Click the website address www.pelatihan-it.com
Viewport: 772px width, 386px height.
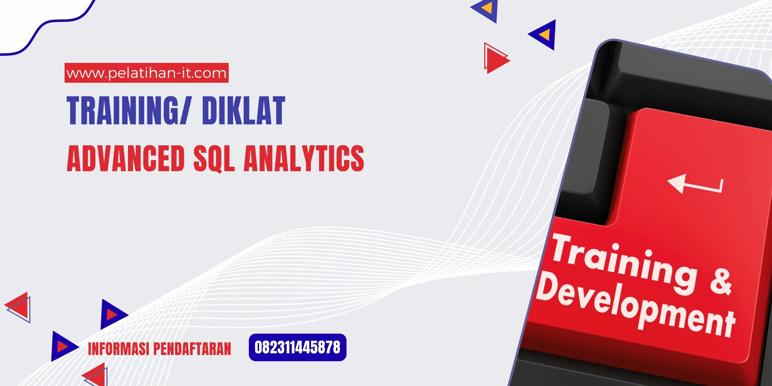point(146,73)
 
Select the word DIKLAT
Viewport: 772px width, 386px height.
point(243,110)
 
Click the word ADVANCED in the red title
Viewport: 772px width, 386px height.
point(126,158)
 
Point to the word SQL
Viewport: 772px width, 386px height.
point(214,159)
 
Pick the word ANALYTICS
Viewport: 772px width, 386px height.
point(304,158)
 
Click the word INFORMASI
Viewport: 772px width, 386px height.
point(118,349)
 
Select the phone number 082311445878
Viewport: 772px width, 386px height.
point(297,348)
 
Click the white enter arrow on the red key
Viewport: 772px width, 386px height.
point(694,184)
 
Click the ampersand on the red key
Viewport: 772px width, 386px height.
point(721,282)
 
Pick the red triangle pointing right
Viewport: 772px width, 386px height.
point(496,59)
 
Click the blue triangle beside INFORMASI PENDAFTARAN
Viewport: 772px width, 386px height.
point(63,346)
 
